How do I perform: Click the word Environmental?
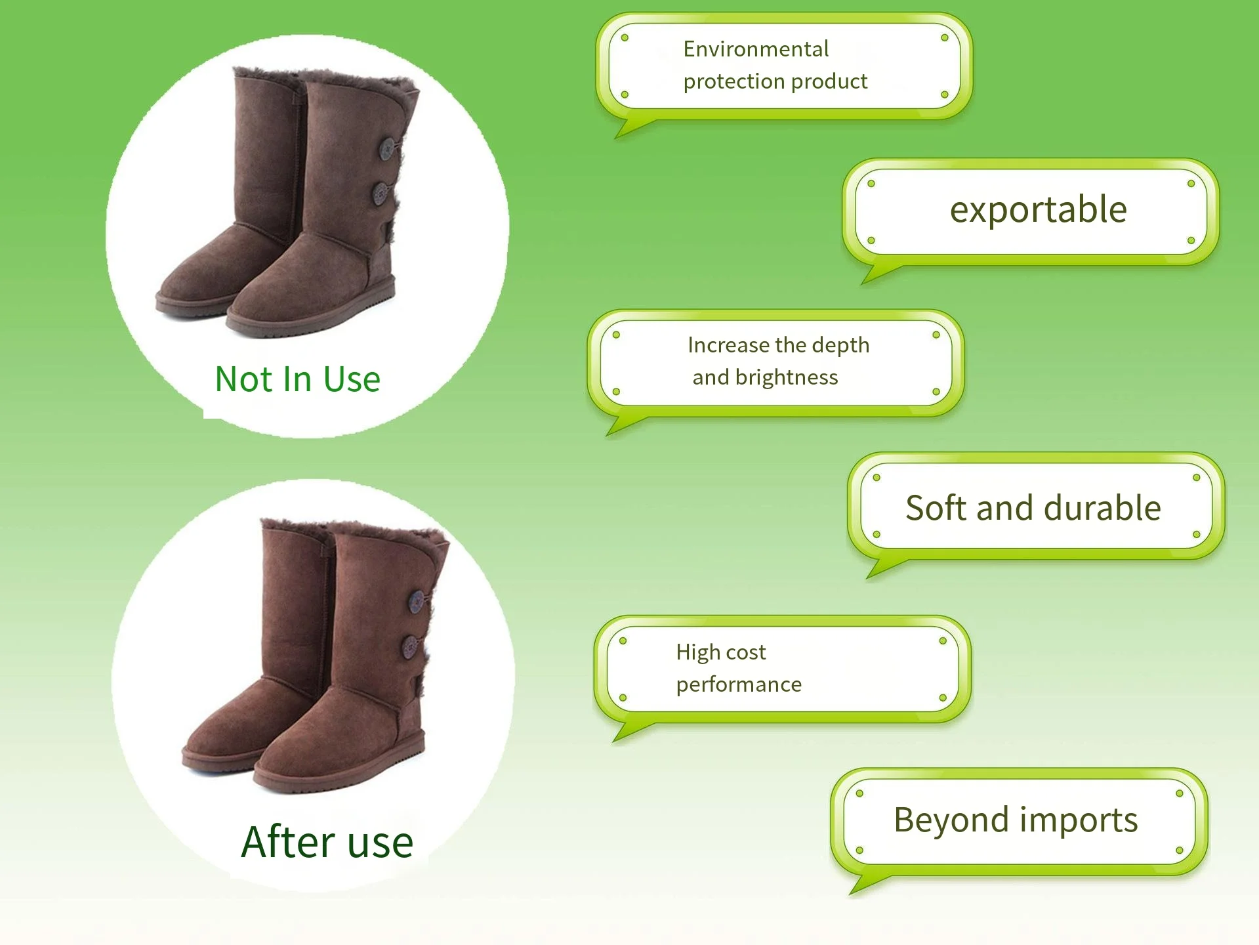[756, 49]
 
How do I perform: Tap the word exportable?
[1038, 210]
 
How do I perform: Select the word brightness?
[787, 377]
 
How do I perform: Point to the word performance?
[739, 684]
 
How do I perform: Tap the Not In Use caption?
[298, 379]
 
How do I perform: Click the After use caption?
[327, 842]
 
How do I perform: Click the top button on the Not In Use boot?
[387, 148]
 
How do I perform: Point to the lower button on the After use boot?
[411, 646]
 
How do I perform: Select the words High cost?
[720, 652]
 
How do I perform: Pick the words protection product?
[775, 81]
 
